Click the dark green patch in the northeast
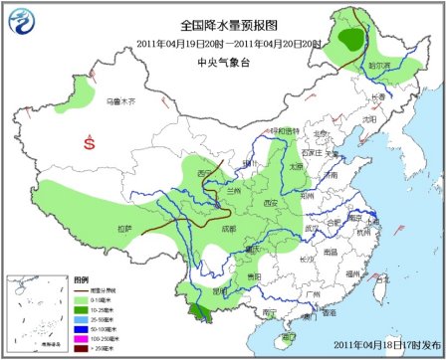(x=349, y=39)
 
